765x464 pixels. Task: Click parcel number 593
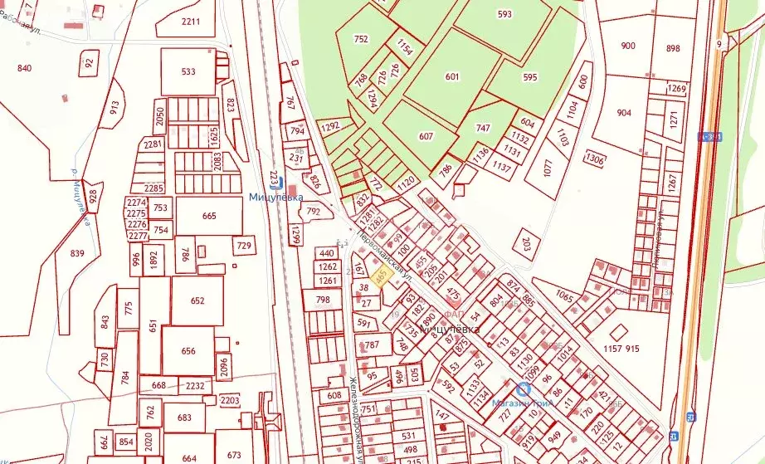pyautogui.click(x=504, y=13)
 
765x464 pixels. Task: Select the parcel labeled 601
pyautogui.click(x=452, y=76)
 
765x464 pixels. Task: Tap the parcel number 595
pyautogui.click(x=530, y=76)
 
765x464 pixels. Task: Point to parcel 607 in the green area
pyautogui.click(x=426, y=135)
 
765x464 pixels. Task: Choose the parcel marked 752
pyautogui.click(x=361, y=39)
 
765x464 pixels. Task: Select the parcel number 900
pyautogui.click(x=627, y=46)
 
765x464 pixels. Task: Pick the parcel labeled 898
pyautogui.click(x=673, y=48)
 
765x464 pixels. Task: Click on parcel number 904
pyautogui.click(x=624, y=114)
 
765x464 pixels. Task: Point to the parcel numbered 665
pyautogui.click(x=209, y=215)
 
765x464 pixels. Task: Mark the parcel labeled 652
pyautogui.click(x=197, y=300)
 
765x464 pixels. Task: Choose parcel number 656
pyautogui.click(x=188, y=350)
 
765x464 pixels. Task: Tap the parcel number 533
pyautogui.click(x=188, y=71)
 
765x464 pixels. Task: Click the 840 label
pyautogui.click(x=24, y=68)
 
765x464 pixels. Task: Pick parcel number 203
pyautogui.click(x=525, y=242)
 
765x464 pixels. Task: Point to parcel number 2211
pyautogui.click(x=191, y=21)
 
